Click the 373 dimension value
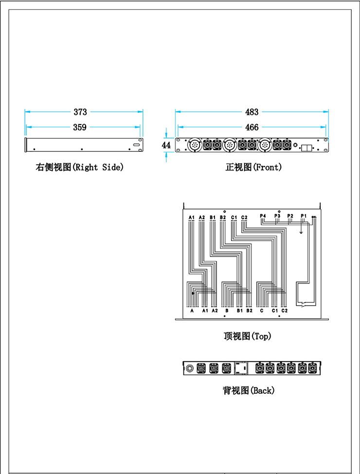(80, 112)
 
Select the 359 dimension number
(80, 127)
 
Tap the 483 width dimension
(252, 112)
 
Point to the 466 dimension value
(252, 127)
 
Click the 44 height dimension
(166, 145)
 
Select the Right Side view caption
(80, 167)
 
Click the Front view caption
(253, 167)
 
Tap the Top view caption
(247, 336)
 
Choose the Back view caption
(248, 390)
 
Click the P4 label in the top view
(263, 215)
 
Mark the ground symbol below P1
(302, 232)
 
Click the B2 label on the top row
(223, 217)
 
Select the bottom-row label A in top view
(192, 310)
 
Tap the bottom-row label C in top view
(262, 310)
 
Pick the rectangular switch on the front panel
(306, 148)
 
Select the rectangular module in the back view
(241, 368)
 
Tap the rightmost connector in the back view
(313, 368)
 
